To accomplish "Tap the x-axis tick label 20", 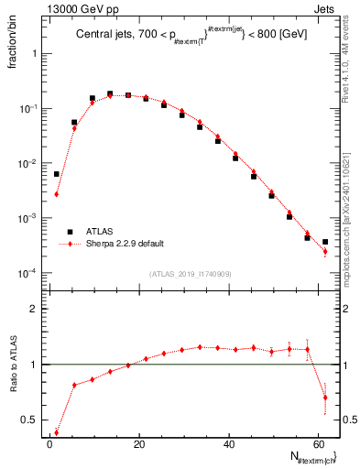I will [x=138, y=443].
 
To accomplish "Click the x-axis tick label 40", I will [x=228, y=443].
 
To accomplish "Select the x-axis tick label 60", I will [x=317, y=443].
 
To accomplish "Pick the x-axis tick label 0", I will [x=49, y=443].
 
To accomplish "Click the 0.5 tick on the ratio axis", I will [x=33, y=420].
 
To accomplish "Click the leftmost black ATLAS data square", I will [x=57, y=174].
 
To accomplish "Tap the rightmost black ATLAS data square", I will [x=325, y=242].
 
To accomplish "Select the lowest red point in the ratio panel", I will [x=57, y=432].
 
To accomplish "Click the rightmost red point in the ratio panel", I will [x=325, y=398].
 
